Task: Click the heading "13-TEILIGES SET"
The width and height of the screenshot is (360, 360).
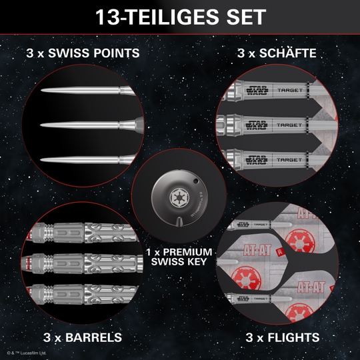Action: (180, 17)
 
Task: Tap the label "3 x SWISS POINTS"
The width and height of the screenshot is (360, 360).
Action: (83, 53)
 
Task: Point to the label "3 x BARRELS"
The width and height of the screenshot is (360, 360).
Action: (83, 337)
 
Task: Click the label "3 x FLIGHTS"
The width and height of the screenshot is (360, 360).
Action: (282, 337)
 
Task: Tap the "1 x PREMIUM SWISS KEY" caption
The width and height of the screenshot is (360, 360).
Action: (179, 257)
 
